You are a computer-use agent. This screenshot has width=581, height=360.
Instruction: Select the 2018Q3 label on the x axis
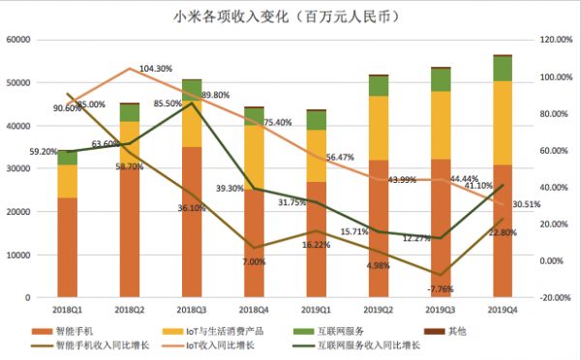192,310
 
